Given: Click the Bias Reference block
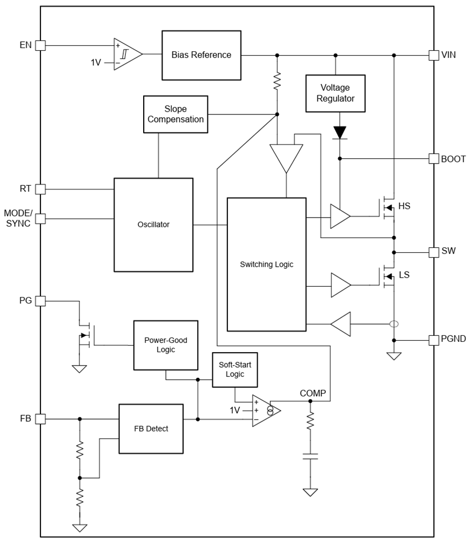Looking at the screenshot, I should pyautogui.click(x=202, y=55).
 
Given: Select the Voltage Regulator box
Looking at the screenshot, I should pyautogui.click(x=335, y=93).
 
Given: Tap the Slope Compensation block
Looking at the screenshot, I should pyautogui.click(x=176, y=114).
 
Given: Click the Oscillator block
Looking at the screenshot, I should pyautogui.click(x=153, y=225).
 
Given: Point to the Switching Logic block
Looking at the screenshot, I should pyautogui.click(x=266, y=265).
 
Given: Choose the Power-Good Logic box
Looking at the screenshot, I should pyautogui.click(x=166, y=345).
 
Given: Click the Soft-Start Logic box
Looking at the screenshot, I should pyautogui.click(x=235, y=370).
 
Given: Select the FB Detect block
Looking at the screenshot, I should pyautogui.click(x=151, y=429).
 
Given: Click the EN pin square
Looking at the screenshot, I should pyautogui.click(x=41, y=46).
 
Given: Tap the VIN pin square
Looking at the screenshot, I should pyautogui.click(x=433, y=55).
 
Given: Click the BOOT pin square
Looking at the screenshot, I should pyautogui.click(x=433, y=158).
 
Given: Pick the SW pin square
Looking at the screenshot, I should pyautogui.click(x=433, y=252).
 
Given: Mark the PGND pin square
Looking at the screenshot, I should pyautogui.click(x=433, y=340).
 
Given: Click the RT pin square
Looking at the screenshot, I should pyautogui.click(x=41, y=189).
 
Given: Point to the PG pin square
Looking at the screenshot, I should pyautogui.click(x=41, y=301).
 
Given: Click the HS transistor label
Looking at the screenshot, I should pyautogui.click(x=404, y=206).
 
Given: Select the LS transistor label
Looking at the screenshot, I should pyautogui.click(x=404, y=275).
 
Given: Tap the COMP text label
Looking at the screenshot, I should pyautogui.click(x=313, y=394).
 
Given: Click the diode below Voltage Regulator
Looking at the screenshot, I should pyautogui.click(x=340, y=132).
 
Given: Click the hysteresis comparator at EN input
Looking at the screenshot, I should pyautogui.click(x=126, y=55).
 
